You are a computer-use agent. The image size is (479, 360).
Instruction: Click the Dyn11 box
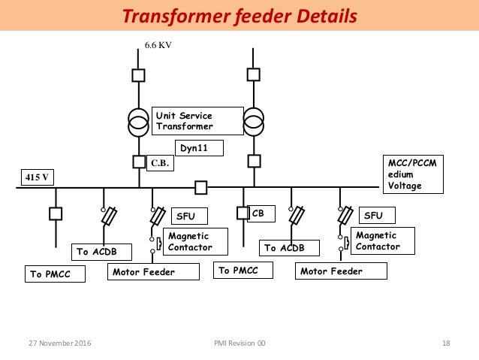point(200,149)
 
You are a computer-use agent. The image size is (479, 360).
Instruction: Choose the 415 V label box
point(32,178)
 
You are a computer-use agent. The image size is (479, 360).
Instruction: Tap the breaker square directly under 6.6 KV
point(138,75)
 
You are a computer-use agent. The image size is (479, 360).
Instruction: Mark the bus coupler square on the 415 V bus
point(200,186)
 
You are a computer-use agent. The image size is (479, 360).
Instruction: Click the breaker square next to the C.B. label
point(138,162)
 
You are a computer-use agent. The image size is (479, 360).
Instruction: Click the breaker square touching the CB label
point(242,213)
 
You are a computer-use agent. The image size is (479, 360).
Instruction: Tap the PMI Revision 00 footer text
point(239,343)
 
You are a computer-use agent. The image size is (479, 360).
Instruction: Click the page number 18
point(446,343)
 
